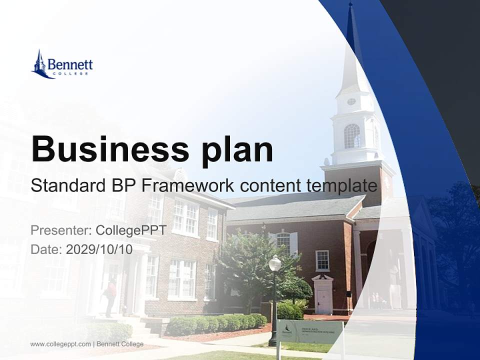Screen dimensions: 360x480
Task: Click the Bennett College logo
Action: coord(62,64)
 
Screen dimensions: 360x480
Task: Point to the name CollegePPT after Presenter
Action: coord(131,230)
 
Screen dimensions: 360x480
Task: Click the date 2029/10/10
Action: coord(99,249)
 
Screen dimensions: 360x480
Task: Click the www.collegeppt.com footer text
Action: coord(60,344)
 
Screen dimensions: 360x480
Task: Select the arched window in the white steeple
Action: coord(352,136)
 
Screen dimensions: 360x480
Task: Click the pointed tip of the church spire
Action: coord(351,5)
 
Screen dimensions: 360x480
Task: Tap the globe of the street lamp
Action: coord(275,263)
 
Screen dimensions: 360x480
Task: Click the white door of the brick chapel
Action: coord(323,300)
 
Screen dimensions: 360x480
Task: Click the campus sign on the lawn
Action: coord(310,330)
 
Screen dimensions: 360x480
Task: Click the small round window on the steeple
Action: coord(351,101)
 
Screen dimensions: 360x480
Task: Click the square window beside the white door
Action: coord(322,260)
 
